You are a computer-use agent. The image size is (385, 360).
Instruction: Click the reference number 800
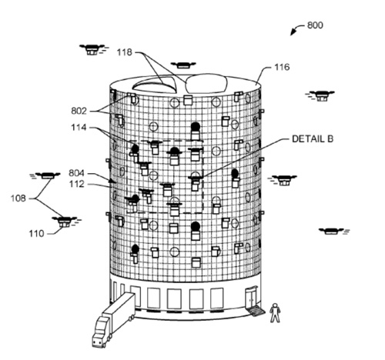click(315, 25)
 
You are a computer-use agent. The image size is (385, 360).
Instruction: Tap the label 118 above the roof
click(125, 52)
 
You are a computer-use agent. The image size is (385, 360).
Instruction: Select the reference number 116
click(282, 67)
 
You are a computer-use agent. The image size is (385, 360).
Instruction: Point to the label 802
click(79, 112)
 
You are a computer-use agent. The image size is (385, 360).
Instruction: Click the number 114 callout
click(79, 128)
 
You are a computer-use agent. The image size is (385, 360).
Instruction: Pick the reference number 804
click(76, 173)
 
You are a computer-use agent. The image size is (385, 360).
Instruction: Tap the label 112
click(77, 184)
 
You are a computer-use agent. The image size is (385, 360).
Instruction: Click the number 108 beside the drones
click(18, 198)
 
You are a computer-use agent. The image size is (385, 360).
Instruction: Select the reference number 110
click(36, 234)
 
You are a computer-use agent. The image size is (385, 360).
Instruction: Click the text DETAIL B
click(313, 139)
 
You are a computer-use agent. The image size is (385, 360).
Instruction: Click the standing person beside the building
click(275, 312)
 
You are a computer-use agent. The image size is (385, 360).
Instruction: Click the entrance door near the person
click(250, 298)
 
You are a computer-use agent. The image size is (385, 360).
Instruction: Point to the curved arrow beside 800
click(297, 28)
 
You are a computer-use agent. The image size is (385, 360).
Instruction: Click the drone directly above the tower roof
click(183, 65)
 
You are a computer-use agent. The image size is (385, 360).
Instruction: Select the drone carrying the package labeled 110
click(65, 221)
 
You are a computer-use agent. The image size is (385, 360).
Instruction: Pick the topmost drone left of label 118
click(92, 49)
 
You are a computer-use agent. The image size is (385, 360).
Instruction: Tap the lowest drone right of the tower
click(334, 231)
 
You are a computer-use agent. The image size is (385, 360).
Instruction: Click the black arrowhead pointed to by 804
click(112, 181)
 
